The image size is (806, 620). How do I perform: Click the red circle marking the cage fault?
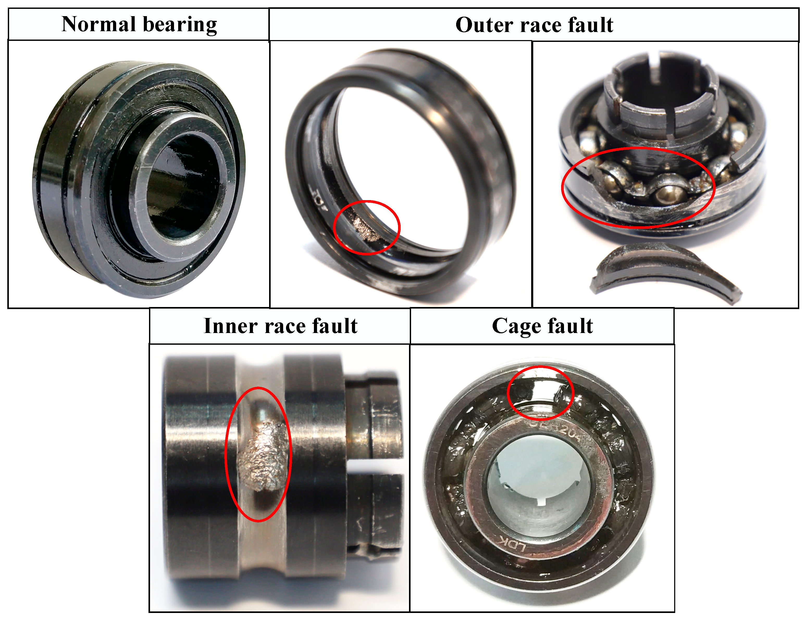click(x=540, y=393)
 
